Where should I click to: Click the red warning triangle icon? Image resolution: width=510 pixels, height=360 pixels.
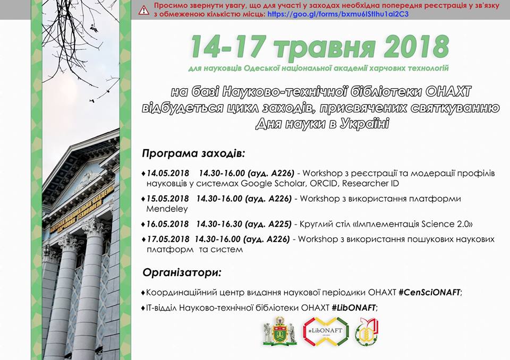pos(144,10)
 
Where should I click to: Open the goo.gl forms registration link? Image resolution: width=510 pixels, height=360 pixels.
pos(338,14)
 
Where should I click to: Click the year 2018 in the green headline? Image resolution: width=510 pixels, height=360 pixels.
pos(416,47)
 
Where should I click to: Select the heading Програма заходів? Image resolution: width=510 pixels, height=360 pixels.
pos(193,153)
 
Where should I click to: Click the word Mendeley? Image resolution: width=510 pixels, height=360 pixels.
pos(167,209)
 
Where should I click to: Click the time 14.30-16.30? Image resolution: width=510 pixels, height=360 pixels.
pos(219,224)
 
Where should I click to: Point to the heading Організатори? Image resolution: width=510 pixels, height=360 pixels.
pos(182,272)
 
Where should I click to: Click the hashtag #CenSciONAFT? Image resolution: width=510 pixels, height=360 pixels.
pos(429,293)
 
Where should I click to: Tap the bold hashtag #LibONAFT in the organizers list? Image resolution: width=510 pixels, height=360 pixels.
pos(354,307)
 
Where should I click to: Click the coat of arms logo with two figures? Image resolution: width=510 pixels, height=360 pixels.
pos(280,331)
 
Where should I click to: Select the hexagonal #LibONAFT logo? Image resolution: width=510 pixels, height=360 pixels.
pos(326,331)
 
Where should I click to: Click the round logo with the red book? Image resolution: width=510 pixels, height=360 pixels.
pos(367,332)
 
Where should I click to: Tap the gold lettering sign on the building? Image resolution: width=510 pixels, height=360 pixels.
pos(81,208)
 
